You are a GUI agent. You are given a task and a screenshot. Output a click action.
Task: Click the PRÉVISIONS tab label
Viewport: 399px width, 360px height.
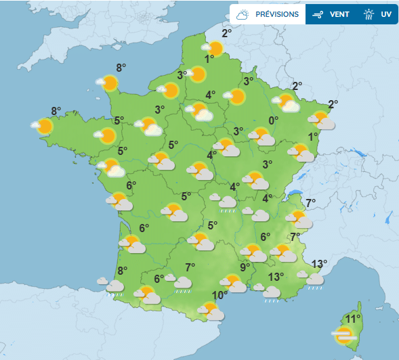[277, 14]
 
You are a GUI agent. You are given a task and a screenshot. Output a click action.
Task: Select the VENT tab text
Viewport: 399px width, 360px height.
[339, 14]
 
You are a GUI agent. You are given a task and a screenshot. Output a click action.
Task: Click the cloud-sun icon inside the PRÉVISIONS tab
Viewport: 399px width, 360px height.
[243, 14]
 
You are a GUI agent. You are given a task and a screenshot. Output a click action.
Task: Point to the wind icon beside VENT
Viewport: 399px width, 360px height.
[317, 14]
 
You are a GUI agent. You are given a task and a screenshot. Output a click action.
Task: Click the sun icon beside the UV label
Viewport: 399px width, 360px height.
[369, 14]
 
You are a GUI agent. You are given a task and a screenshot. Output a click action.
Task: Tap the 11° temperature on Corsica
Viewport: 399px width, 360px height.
[352, 319]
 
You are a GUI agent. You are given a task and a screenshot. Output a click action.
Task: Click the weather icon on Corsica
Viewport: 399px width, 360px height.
[343, 334]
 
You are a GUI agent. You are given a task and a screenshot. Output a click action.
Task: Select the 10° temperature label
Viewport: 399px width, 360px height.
[219, 296]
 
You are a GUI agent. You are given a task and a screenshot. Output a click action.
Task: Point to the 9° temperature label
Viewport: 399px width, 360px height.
[245, 267]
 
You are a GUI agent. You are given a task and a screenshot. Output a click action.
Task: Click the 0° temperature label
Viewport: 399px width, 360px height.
[274, 120]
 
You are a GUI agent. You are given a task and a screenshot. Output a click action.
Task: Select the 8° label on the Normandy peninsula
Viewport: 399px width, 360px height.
[121, 67]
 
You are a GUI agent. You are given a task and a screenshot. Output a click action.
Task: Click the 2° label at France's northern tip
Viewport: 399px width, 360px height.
[227, 32]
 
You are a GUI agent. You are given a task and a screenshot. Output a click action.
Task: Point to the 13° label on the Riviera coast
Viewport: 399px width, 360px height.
[320, 263]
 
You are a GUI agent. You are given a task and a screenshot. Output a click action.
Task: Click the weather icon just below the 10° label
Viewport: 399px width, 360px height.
[211, 311]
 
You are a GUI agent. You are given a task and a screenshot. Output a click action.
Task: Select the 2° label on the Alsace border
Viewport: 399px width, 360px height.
[333, 104]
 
